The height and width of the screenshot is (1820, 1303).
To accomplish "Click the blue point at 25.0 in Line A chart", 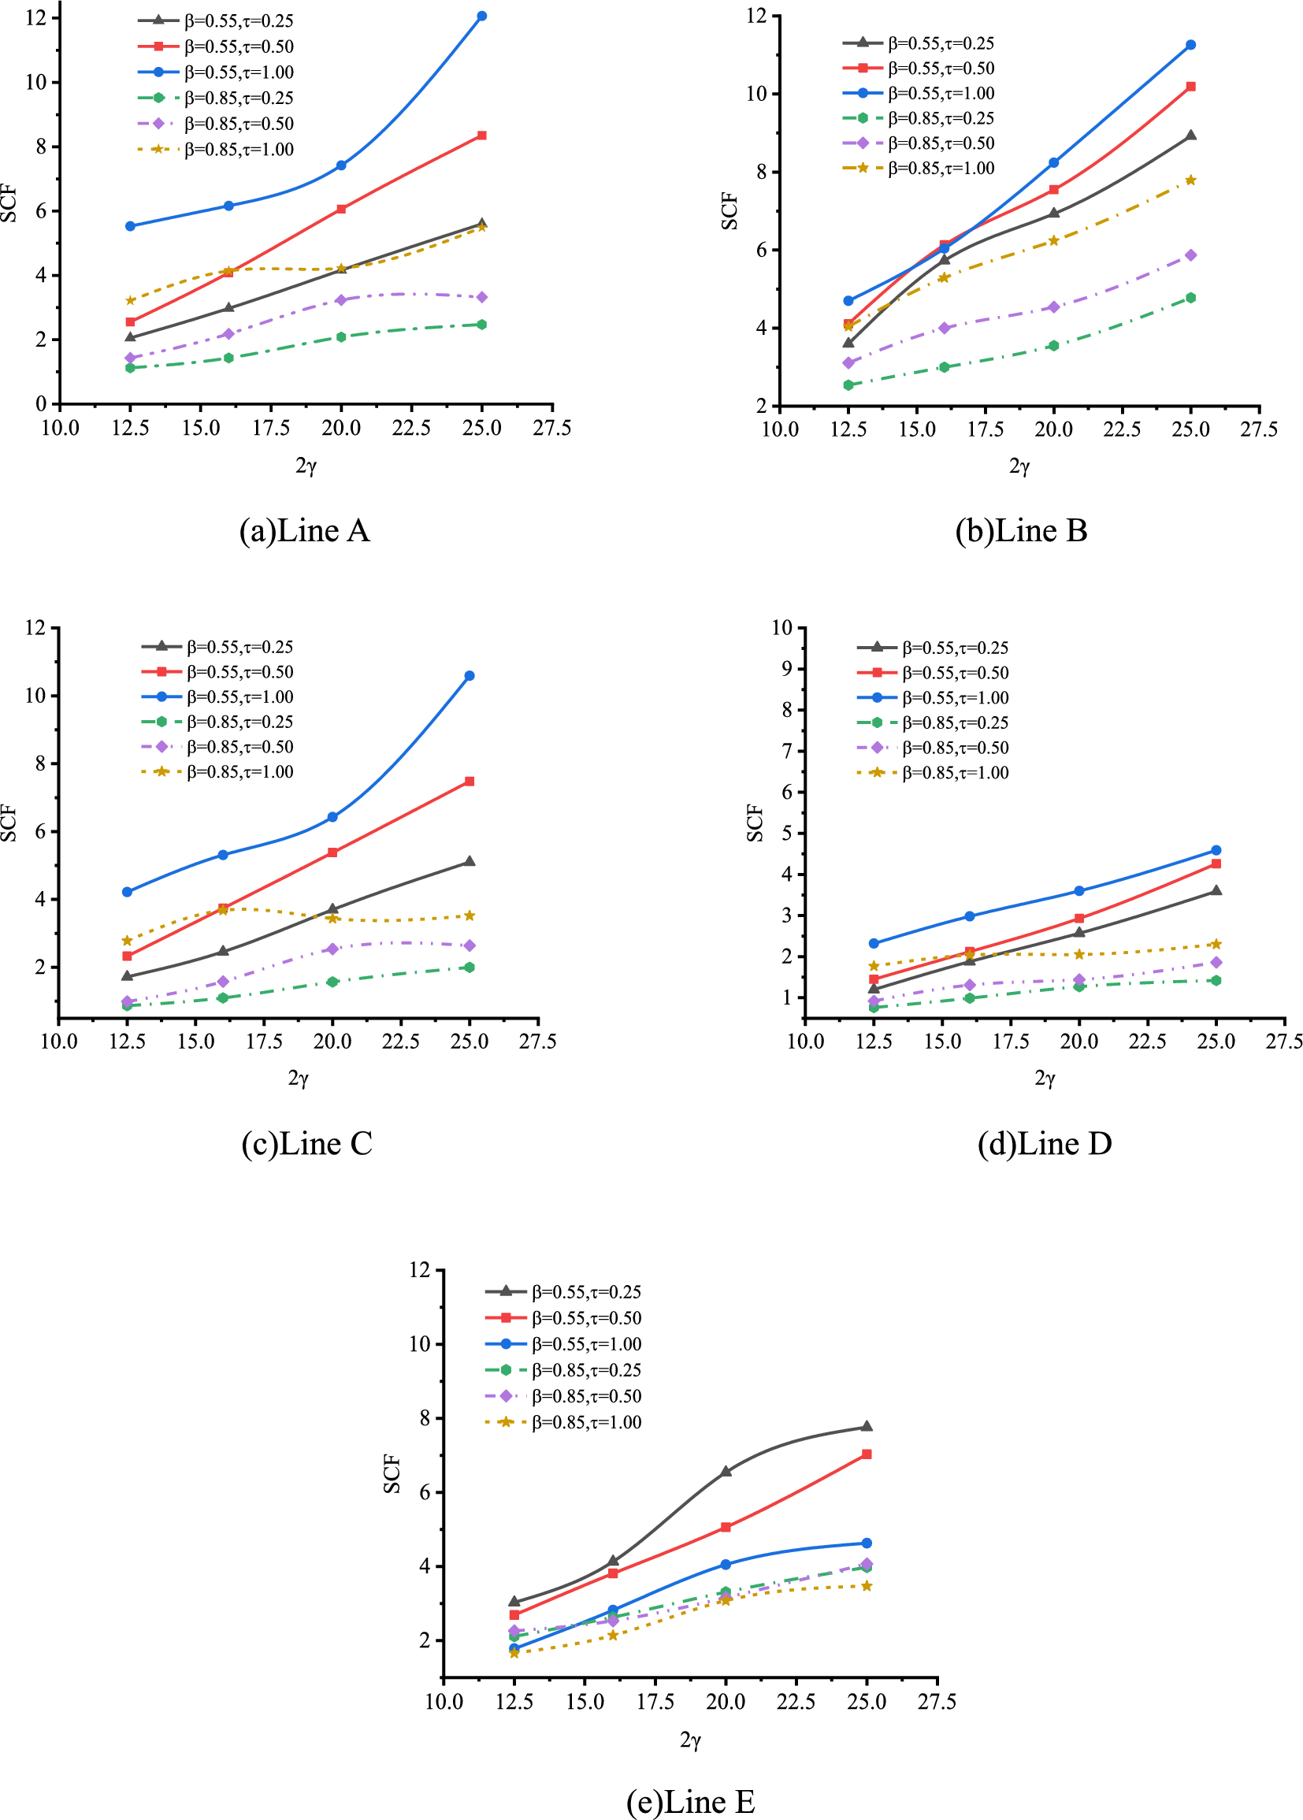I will pyautogui.click(x=481, y=16).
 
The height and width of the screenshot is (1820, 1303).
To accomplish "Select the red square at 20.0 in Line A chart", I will pyautogui.click(x=341, y=209).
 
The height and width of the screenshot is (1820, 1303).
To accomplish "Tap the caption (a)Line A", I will pyautogui.click(x=304, y=531).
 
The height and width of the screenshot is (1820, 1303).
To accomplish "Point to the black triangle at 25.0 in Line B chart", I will pyautogui.click(x=1190, y=136).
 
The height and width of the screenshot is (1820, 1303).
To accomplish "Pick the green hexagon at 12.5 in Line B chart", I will pyautogui.click(x=848, y=385).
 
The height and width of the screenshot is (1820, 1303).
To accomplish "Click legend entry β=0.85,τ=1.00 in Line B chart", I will pyautogui.click(x=941, y=169).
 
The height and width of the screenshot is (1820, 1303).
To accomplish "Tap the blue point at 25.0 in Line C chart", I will pyautogui.click(x=470, y=676).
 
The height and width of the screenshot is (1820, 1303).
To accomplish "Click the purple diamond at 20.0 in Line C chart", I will pyautogui.click(x=332, y=949).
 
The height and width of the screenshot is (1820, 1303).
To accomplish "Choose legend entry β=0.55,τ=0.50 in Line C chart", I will pyautogui.click(x=239, y=671).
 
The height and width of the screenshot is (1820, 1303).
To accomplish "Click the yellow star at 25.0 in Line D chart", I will pyautogui.click(x=1216, y=944).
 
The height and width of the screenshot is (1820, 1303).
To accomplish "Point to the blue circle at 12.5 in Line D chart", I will pyautogui.click(x=874, y=944).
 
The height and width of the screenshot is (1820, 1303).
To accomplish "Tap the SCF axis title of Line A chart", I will pyautogui.click(x=9, y=203).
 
